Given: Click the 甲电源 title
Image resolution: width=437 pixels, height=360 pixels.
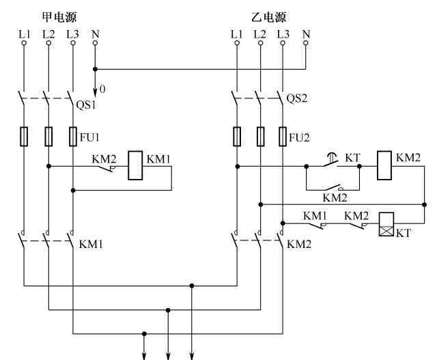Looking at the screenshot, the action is point(59,16).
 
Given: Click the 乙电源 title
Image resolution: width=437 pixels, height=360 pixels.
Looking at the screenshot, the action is point(268,16).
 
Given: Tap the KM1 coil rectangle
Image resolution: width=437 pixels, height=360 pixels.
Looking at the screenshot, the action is point(135,165).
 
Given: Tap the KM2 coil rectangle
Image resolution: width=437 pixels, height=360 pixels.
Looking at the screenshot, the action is point(384,165).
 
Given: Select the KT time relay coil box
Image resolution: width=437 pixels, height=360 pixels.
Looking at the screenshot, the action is point(386,224).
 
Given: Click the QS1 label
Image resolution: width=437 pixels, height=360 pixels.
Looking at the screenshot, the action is point(86,105).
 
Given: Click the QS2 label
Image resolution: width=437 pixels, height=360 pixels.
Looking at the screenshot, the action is point(297,98).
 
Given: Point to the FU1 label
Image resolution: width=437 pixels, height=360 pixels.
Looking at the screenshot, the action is point(89,137).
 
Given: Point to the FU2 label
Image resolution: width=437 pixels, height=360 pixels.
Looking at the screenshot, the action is point(299,137).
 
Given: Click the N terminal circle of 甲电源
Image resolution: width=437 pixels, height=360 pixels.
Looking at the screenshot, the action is point(95,43).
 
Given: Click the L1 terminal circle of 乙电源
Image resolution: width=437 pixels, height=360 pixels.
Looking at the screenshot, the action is point(237,43).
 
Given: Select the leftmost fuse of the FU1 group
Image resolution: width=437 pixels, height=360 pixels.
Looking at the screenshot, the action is point(24,137).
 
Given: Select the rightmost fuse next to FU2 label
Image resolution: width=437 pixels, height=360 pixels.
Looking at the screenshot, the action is point(283,137).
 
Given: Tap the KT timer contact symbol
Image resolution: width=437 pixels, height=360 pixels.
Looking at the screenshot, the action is point(331,161).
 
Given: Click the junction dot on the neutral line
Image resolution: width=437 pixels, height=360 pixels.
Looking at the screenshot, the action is point(95,69).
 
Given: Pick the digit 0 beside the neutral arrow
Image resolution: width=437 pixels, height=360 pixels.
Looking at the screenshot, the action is point(102,89).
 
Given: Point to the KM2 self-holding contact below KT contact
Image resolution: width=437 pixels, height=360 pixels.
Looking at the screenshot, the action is point(333,187).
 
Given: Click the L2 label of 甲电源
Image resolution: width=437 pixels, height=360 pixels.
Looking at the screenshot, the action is point(48,34).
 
